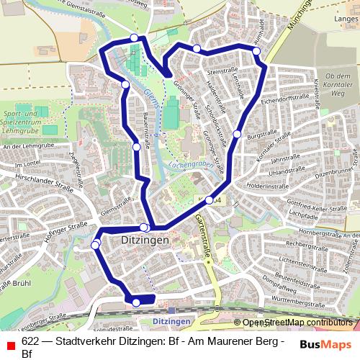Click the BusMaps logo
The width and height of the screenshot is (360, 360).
pos(325,345)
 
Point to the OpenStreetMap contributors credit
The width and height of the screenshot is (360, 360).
pos(297,323)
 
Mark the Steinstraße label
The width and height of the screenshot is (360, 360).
pos(221,73)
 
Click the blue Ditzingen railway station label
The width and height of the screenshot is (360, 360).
pos(172,320)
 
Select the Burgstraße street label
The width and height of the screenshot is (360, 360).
pos(261,134)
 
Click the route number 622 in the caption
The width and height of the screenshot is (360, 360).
pos(30,341)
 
